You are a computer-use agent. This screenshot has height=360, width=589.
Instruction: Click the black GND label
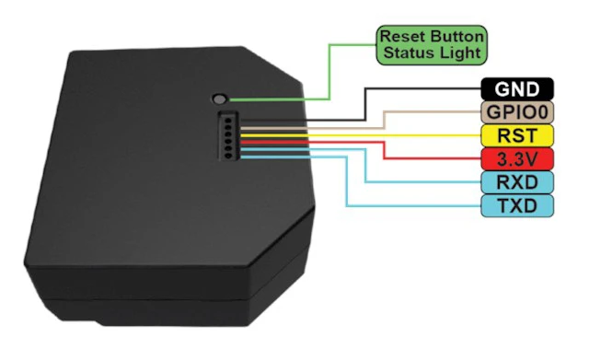[x=517, y=89]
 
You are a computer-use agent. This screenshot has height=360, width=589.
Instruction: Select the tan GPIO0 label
[x=517, y=112]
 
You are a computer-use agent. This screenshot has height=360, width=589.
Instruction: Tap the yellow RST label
[x=517, y=135]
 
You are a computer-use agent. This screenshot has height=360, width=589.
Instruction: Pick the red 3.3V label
[x=517, y=159]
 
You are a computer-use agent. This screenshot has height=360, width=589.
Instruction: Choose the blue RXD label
[x=517, y=182]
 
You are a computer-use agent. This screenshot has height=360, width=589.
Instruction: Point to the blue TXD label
[x=517, y=205]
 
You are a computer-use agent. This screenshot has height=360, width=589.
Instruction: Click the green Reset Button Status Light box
[x=432, y=45]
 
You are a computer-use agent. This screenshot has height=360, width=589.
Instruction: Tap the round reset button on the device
[x=219, y=99]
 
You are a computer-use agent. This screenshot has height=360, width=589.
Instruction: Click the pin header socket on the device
[x=228, y=136]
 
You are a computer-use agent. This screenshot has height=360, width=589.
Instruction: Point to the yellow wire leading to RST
[x=361, y=135]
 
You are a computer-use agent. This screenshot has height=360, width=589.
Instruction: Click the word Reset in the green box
[x=403, y=37]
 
